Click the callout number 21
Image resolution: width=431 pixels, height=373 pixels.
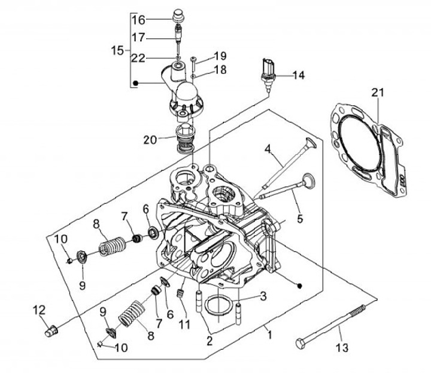pos(378,93)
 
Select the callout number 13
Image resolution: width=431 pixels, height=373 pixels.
pos(342,348)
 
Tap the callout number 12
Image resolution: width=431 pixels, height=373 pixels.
pos(39,310)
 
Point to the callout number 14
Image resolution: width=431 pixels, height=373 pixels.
pos(299,75)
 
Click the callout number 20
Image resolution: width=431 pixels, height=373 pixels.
pos(150,140)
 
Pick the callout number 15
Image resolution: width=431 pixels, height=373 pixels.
pos(117,50)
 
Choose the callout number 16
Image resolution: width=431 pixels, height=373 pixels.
pos(138,20)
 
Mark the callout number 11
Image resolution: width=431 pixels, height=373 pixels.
pos(184,324)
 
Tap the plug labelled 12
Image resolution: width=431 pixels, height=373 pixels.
pos(51,331)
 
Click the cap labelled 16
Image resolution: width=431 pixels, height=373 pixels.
pos(178,16)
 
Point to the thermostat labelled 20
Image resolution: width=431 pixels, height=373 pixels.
pos(186,138)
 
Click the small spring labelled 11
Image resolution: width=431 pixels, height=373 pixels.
pos(180,294)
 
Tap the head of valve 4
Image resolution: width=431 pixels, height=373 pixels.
pos(311,142)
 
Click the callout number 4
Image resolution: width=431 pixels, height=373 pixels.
pos(268,149)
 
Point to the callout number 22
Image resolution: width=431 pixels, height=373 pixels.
pos(138,58)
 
